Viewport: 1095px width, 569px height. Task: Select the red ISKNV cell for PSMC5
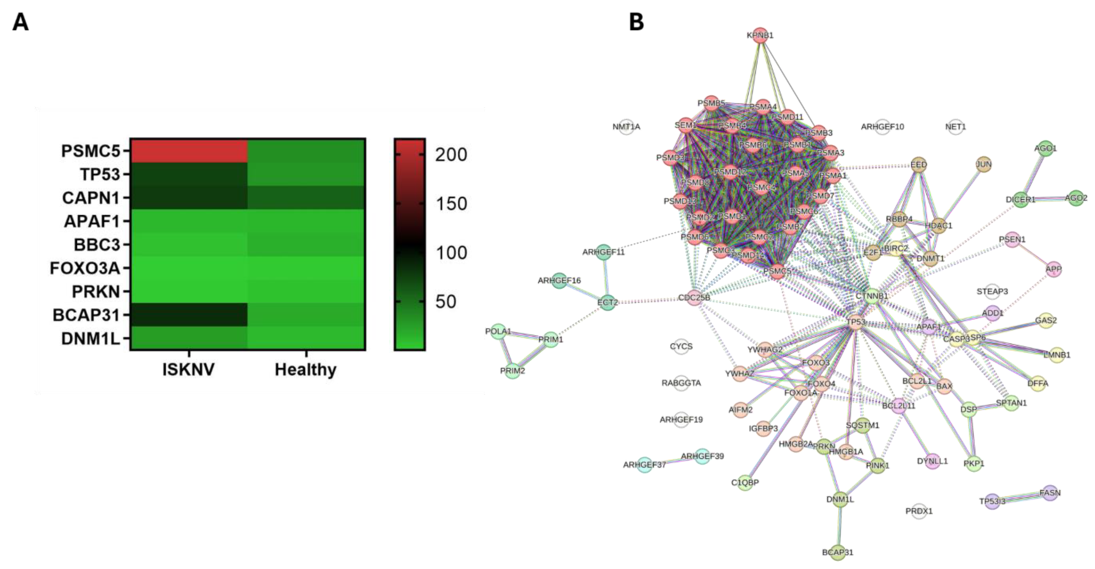(x=189, y=150)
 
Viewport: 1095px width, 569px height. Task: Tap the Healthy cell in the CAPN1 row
(x=306, y=197)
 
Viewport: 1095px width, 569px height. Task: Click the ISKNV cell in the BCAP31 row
(x=189, y=314)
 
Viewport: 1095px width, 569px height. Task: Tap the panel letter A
(x=20, y=22)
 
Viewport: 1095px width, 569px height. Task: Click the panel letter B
(x=636, y=22)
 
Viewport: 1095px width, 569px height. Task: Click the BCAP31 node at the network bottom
(x=837, y=552)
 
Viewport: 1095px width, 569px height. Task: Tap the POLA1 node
(x=498, y=331)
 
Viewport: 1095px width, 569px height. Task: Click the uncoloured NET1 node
(x=955, y=127)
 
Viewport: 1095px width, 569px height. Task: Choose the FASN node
(x=1050, y=493)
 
